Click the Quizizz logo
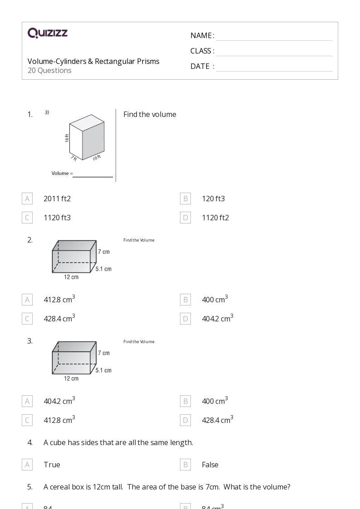[x=48, y=33]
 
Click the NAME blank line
[x=274, y=36]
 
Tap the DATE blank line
[x=274, y=67]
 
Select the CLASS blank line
[x=274, y=52]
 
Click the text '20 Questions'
[x=49, y=71]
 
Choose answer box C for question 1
[x=27, y=218]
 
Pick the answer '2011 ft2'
[x=57, y=199]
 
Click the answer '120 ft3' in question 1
[x=213, y=199]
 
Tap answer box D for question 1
[x=185, y=218]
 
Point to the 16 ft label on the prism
[x=67, y=138]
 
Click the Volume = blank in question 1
[x=92, y=174]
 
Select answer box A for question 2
[x=27, y=300]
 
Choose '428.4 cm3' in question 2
[x=59, y=318]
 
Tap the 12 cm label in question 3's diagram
[x=71, y=378]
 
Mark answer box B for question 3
[x=185, y=401]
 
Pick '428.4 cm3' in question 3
[x=218, y=420]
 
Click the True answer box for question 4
[x=27, y=465]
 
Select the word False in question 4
[x=210, y=465]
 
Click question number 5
[x=30, y=487]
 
